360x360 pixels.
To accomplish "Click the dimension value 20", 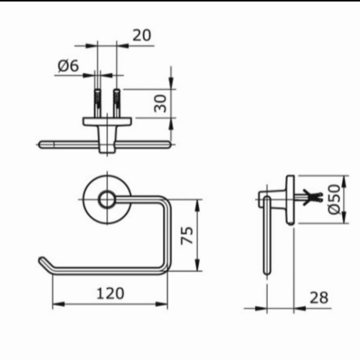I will pyautogui.click(x=141, y=35).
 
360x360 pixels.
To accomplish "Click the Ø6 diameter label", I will pyautogui.click(x=67, y=66).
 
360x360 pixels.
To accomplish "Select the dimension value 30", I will pyautogui.click(x=161, y=103).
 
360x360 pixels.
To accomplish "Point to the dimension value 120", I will pyautogui.click(x=111, y=293).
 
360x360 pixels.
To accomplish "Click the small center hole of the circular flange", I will pyautogui.click(x=107, y=200).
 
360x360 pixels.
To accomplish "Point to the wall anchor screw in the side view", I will pyautogui.click(x=311, y=196).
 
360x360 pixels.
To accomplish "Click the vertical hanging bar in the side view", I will pyautogui.click(x=266, y=237).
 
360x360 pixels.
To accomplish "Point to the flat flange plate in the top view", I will pyautogui.click(x=107, y=121).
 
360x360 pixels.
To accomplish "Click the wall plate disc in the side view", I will pyautogui.click(x=291, y=201).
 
